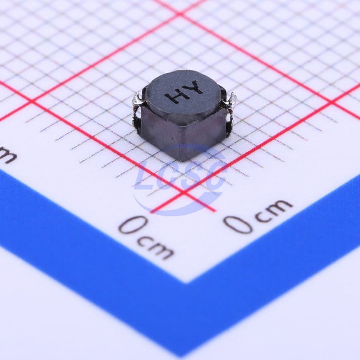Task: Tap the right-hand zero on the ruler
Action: point(238,224)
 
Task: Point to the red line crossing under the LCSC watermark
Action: point(185,192)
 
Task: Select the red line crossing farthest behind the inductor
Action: point(180,14)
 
